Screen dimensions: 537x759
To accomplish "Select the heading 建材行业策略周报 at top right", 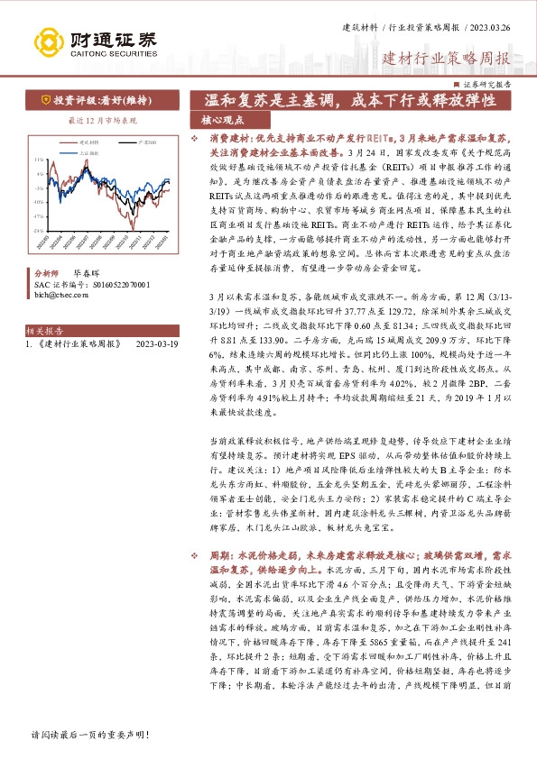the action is [x=446, y=60].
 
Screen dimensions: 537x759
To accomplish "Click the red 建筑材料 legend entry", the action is [x=89, y=142].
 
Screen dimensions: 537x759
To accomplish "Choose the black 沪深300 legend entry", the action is [x=144, y=142].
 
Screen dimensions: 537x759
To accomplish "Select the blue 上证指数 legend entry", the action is [x=89, y=154].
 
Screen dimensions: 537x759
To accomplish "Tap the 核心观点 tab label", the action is [x=222, y=119].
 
